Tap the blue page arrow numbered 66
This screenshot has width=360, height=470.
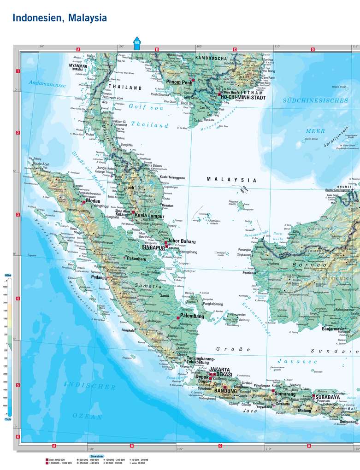(137, 43)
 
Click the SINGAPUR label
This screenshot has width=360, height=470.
(153, 247)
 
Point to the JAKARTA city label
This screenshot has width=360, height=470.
(220, 370)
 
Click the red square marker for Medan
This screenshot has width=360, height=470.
(83, 202)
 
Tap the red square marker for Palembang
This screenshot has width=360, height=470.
(178, 317)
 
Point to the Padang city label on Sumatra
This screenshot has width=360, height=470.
(98, 277)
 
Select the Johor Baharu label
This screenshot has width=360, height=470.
(182, 241)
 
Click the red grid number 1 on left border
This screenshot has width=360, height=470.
(18, 71)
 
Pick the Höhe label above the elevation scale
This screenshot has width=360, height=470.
(8, 275)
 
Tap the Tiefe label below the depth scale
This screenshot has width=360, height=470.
(8, 419)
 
